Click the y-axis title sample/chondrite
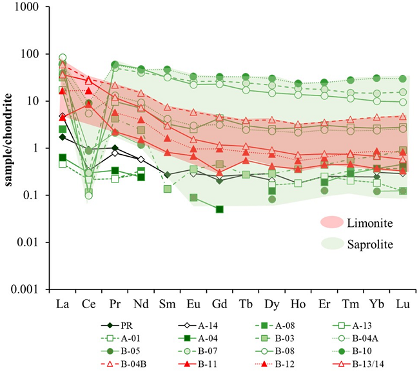coord(10,148)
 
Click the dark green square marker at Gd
coord(220,209)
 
